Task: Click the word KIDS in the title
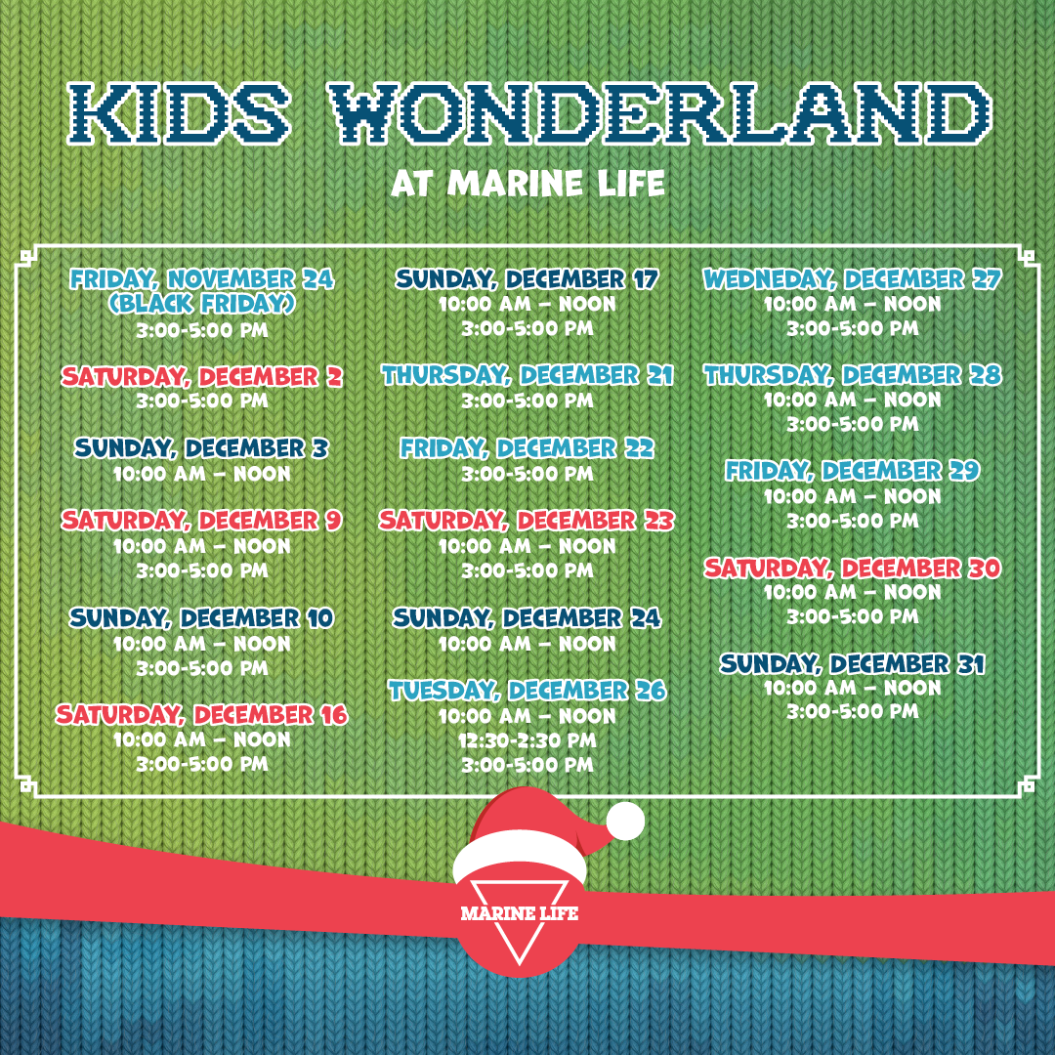pyautogui.click(x=180, y=113)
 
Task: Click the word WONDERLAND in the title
pyautogui.click(x=662, y=113)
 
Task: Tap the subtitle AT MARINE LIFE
pyautogui.click(x=528, y=183)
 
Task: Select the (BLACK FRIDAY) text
pyautogui.click(x=202, y=304)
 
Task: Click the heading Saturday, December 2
pyautogui.click(x=202, y=376)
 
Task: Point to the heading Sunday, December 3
pyautogui.click(x=202, y=448)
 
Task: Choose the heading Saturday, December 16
pyautogui.click(x=202, y=714)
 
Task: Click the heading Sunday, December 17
pyautogui.click(x=527, y=278)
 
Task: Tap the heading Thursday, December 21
pyautogui.click(x=527, y=375)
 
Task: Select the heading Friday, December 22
pyautogui.click(x=527, y=448)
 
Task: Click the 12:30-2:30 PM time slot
pyautogui.click(x=527, y=740)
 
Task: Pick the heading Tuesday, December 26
pyautogui.click(x=527, y=691)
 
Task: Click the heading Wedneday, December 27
pyautogui.click(x=853, y=278)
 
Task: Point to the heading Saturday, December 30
pyautogui.click(x=853, y=568)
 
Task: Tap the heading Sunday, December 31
pyautogui.click(x=853, y=664)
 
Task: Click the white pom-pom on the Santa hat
pyautogui.click(x=625, y=821)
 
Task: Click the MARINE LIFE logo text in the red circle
pyautogui.click(x=520, y=913)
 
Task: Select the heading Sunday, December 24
pyautogui.click(x=527, y=617)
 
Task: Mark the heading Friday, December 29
pyautogui.click(x=853, y=470)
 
